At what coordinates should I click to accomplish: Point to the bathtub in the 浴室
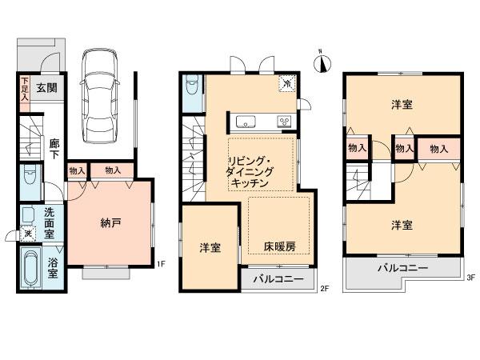pyautogui.click(x=32, y=270)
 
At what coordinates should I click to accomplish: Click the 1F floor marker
pyautogui.click(x=160, y=264)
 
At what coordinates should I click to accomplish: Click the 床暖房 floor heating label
pyautogui.click(x=278, y=248)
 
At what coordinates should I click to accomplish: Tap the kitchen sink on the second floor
pyautogui.click(x=243, y=122)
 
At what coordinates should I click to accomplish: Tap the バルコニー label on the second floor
pyautogui.click(x=278, y=280)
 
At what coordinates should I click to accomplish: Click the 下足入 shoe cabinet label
pyautogui.click(x=26, y=86)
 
